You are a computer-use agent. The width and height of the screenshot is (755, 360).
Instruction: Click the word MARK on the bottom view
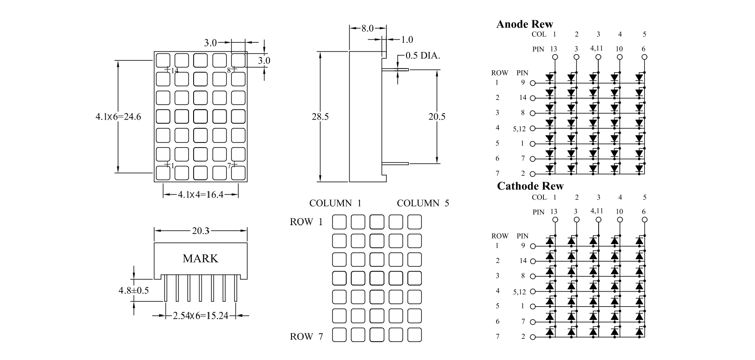tap(200, 258)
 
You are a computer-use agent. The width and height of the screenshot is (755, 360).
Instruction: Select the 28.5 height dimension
tap(320, 117)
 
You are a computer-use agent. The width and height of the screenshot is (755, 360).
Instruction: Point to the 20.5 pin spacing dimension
tap(437, 117)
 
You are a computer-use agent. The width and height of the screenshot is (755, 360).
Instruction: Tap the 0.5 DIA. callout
tap(423, 56)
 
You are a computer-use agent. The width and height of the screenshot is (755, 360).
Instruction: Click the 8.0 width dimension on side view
tap(367, 29)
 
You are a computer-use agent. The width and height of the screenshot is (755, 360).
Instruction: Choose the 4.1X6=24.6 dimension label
tap(118, 117)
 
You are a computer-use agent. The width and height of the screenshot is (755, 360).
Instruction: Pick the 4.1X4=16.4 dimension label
tap(200, 194)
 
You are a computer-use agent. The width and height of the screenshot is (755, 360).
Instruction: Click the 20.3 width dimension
tap(200, 231)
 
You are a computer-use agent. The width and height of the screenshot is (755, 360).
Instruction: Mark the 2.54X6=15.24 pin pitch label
tap(200, 316)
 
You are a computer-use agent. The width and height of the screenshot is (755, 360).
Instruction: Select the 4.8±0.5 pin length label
tap(134, 291)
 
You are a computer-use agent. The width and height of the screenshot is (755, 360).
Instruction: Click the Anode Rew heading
tap(525, 24)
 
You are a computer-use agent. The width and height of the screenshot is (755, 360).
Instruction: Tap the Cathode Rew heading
tap(530, 186)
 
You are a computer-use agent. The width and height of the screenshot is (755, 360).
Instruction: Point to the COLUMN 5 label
tap(423, 203)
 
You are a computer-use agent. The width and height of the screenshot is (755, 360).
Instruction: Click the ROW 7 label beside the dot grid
tap(306, 337)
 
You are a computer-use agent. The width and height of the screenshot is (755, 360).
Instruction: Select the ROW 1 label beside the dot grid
tap(306, 222)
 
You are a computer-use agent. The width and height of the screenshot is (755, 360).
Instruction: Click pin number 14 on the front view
tap(174, 71)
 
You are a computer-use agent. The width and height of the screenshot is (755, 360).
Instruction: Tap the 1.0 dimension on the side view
tap(407, 40)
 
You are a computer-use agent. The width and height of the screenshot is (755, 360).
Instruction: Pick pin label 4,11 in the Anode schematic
tap(597, 48)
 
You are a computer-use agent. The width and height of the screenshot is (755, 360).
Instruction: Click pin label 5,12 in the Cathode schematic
tap(519, 291)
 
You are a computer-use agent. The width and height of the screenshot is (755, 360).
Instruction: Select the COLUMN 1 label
tap(335, 203)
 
